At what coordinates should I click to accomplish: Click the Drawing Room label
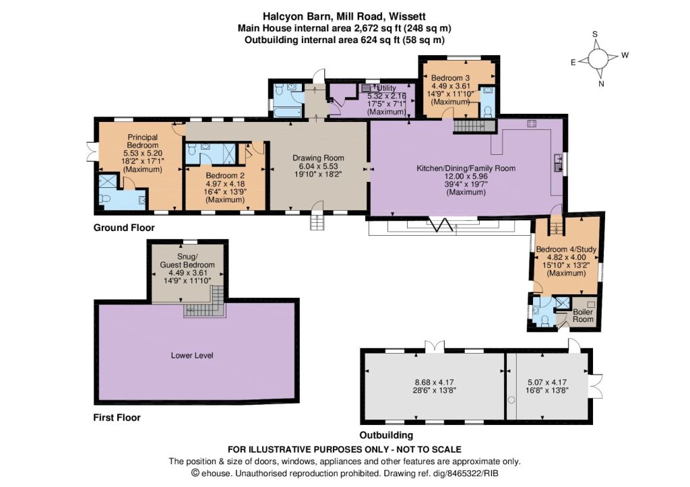click(x=318, y=158)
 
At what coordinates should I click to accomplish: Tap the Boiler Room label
click(x=583, y=315)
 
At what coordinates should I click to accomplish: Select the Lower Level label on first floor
click(x=192, y=355)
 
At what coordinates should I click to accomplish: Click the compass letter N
click(x=601, y=84)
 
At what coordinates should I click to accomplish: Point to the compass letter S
click(x=595, y=34)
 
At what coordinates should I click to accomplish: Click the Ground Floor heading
click(x=124, y=228)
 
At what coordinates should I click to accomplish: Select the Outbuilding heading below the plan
click(x=386, y=435)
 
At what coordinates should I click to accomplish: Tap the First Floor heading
click(x=117, y=418)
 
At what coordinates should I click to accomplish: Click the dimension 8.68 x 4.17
click(x=431, y=382)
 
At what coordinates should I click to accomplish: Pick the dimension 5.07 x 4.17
click(x=547, y=382)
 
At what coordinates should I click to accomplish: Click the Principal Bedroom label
click(x=143, y=141)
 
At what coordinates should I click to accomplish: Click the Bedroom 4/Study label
click(x=566, y=249)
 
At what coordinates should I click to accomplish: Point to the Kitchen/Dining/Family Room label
click(x=466, y=168)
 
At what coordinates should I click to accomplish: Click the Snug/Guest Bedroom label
click(x=187, y=261)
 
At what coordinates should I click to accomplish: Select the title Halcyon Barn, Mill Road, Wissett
click(x=344, y=16)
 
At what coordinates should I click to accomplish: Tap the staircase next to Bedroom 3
click(x=474, y=126)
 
